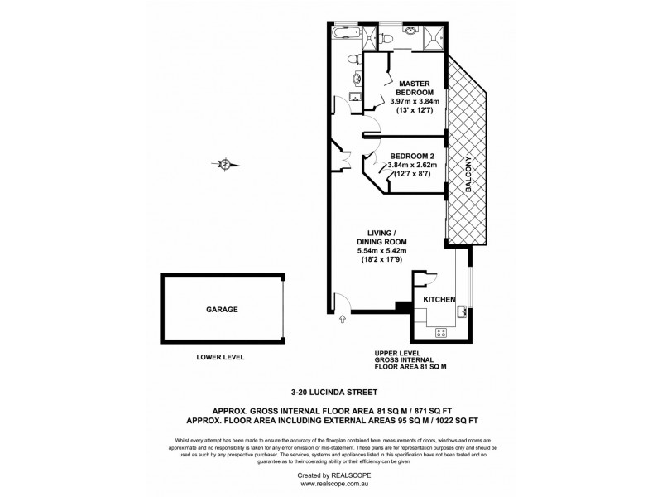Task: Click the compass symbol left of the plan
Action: tap(224, 164)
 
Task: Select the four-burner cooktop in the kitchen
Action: tap(440, 332)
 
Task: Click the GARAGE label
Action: tap(222, 309)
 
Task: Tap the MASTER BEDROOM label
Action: tap(418, 89)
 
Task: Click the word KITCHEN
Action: tap(439, 298)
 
